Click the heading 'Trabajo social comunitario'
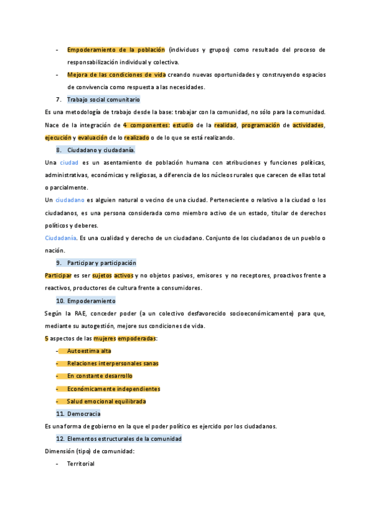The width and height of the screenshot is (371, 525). point(103,99)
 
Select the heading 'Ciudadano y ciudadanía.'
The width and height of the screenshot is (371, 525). point(101,150)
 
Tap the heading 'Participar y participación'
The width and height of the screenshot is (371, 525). point(101,262)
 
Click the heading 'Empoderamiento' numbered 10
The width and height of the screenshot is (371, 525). point(91,301)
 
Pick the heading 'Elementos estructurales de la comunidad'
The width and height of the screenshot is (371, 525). point(124,438)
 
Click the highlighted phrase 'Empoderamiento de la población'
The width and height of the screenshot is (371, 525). point(116,50)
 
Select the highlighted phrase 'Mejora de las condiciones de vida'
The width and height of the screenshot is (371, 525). point(117,75)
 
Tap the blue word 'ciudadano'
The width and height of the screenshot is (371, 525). point(70,200)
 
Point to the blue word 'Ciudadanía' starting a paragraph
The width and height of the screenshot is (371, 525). point(61,238)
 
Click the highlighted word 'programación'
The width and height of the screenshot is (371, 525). point(260,125)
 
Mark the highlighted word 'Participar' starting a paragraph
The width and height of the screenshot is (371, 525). point(58,276)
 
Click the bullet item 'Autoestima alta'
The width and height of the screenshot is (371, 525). point(89,351)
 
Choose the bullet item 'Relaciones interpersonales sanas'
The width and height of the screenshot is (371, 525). point(113,363)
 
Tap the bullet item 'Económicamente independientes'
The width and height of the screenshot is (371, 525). point(113,389)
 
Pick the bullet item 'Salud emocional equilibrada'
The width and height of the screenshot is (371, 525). point(106,401)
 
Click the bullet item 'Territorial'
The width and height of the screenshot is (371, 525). point(80,464)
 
